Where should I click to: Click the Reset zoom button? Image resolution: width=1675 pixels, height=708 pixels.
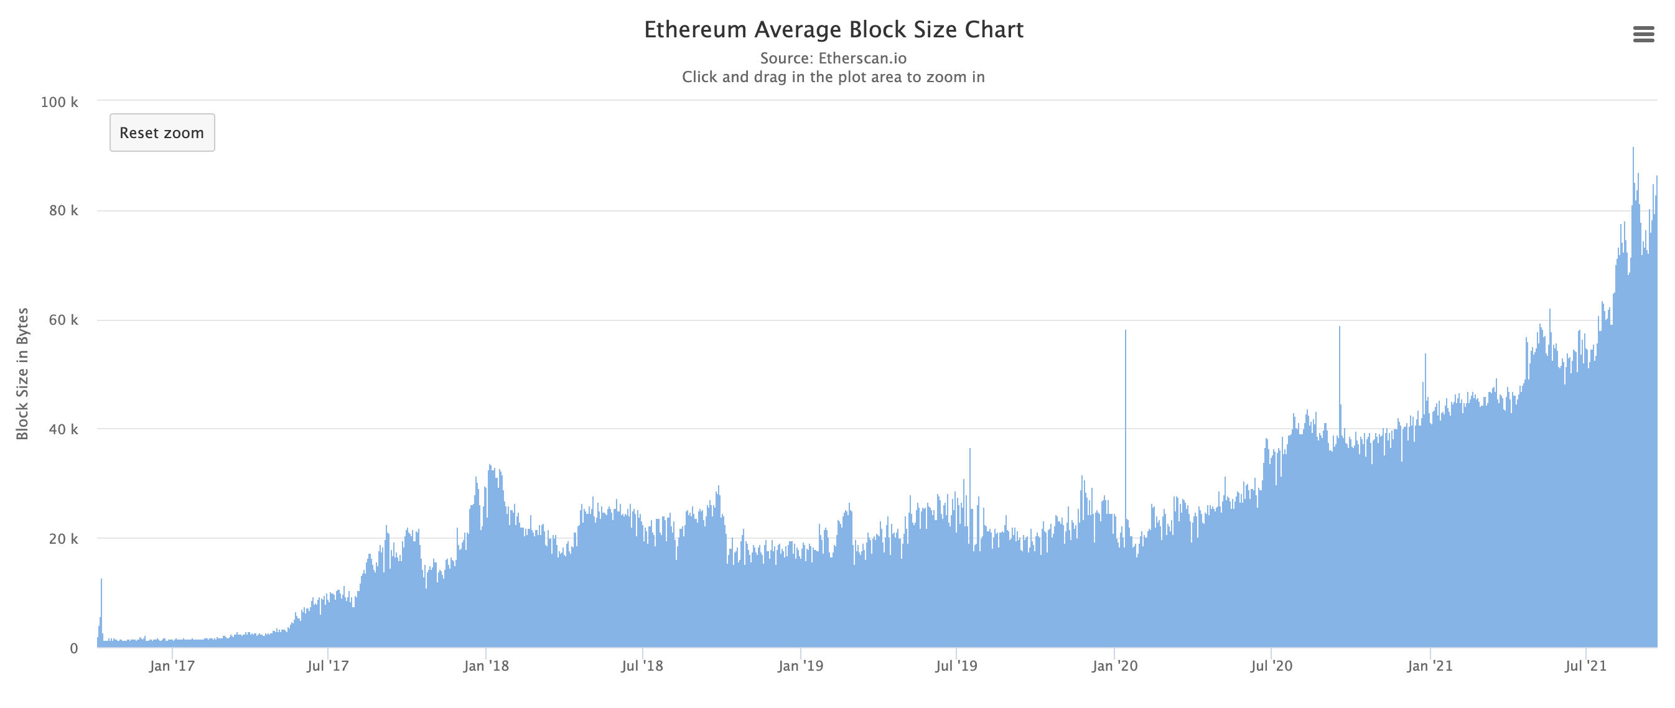click(162, 133)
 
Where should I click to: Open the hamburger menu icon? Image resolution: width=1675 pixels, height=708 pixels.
click(1643, 34)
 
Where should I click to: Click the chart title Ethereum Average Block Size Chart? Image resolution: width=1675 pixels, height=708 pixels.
click(833, 30)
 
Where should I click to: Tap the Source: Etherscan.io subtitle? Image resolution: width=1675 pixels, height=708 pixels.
click(833, 58)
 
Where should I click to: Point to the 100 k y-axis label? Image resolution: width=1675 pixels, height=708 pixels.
click(59, 102)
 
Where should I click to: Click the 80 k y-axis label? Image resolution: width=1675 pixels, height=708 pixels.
click(63, 211)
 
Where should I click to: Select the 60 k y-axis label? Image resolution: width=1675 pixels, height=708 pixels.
click(63, 320)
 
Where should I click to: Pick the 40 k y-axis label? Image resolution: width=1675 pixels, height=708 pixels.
click(63, 429)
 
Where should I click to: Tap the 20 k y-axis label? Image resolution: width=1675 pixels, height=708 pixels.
click(63, 539)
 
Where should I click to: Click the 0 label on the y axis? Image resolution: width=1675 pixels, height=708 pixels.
click(73, 648)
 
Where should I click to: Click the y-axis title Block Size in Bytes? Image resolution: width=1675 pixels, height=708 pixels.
click(23, 374)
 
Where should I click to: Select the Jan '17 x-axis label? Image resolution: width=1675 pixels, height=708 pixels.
click(172, 666)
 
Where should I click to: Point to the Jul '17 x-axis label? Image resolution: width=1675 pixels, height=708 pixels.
click(328, 666)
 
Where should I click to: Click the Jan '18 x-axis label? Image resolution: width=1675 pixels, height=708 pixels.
click(486, 666)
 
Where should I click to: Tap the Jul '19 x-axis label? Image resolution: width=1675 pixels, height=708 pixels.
click(956, 666)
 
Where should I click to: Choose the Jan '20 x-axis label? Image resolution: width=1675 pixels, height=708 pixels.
click(1114, 666)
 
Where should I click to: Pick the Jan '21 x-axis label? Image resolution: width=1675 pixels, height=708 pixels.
click(1429, 666)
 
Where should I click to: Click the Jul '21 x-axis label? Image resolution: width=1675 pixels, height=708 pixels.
click(1585, 666)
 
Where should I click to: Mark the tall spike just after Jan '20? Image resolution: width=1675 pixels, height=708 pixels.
click(1126, 390)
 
